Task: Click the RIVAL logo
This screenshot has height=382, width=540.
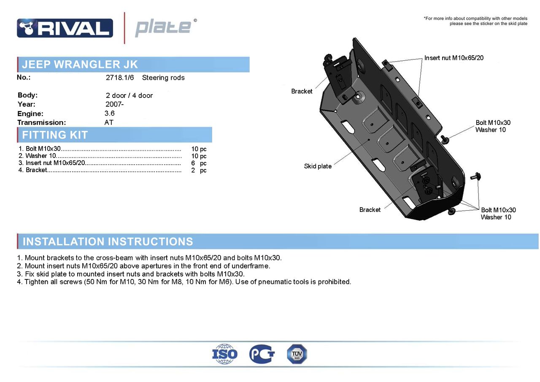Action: [65, 28]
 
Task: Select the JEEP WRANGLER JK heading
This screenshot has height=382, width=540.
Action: [80, 65]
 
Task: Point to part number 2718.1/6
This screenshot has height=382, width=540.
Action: [120, 78]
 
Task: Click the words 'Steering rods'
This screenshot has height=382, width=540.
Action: [163, 78]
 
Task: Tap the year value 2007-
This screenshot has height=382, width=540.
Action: [114, 104]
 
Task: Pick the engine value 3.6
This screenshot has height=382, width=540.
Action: [110, 113]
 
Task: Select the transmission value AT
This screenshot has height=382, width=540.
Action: [109, 122]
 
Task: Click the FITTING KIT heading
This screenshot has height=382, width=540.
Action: [55, 135]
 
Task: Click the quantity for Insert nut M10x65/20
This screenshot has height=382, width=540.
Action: [198, 163]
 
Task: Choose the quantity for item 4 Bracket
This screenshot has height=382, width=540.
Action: [198, 171]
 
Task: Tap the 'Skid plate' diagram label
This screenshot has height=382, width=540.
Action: [318, 166]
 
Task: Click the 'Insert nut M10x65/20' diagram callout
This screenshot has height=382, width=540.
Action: [454, 58]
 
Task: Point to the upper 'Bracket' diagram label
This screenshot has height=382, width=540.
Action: [302, 91]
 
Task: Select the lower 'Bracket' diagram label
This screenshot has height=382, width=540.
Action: [370, 210]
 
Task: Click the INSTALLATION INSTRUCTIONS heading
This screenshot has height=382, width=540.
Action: [108, 241]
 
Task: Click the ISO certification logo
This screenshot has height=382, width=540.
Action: [225, 354]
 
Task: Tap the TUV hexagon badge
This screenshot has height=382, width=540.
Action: [297, 354]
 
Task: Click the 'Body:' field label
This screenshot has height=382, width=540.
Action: [27, 95]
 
